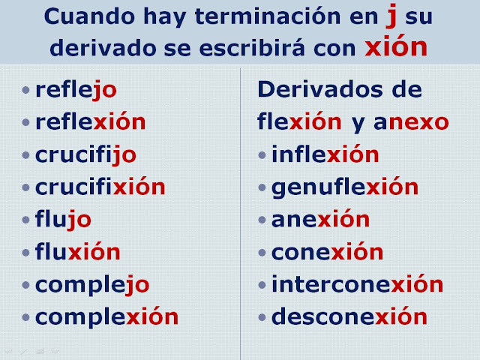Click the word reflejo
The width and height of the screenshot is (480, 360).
76,90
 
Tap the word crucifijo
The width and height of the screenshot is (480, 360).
85,155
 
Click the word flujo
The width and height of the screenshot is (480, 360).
63,220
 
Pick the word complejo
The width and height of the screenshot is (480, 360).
92,285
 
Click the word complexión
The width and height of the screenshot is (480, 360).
106,316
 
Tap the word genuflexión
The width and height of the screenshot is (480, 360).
345,187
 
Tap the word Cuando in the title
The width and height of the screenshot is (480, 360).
89,16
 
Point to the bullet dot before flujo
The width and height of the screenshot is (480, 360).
25,220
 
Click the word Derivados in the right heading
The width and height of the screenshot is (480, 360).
320,89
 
